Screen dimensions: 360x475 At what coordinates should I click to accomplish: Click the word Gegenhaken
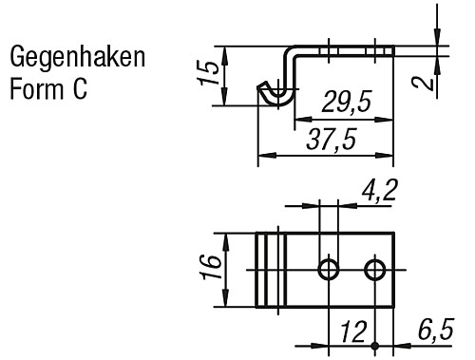77,58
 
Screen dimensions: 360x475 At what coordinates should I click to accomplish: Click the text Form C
48,90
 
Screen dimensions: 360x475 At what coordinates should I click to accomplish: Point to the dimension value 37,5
331,140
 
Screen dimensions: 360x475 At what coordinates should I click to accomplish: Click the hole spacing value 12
353,332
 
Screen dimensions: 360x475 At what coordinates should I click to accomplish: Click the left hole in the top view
329,270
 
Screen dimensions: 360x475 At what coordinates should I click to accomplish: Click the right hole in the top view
377,270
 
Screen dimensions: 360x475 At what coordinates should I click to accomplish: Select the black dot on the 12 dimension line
377,345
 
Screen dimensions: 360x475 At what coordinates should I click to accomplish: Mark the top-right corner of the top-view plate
393,234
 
